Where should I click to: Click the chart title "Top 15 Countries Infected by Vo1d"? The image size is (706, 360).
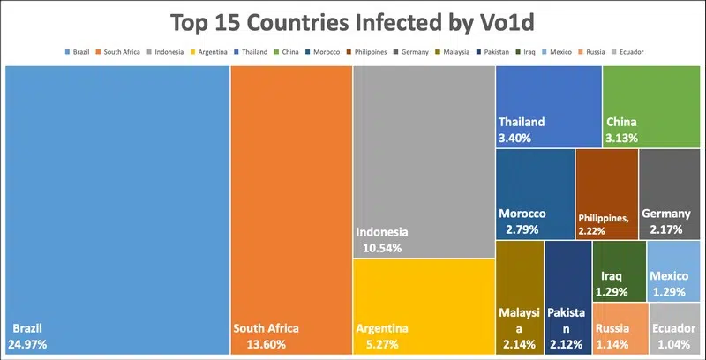pos(353,22)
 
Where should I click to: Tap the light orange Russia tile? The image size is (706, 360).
pos(619,328)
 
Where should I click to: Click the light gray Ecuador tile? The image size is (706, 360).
pos(675,328)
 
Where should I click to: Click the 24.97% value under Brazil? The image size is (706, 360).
pos(29,343)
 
